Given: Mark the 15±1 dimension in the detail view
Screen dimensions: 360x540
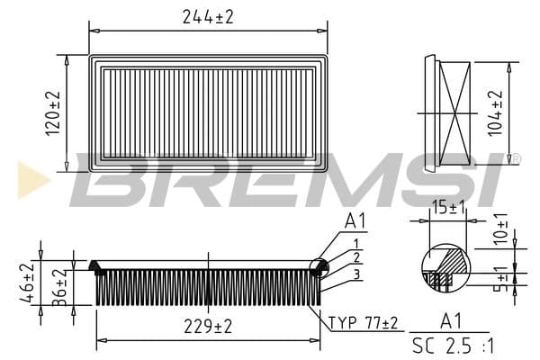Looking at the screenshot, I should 447,206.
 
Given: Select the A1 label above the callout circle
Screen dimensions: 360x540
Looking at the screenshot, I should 356,220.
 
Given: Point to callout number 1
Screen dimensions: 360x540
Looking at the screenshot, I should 356,243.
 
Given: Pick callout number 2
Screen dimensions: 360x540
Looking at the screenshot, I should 356,257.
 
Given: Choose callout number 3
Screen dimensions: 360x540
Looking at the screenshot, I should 356,274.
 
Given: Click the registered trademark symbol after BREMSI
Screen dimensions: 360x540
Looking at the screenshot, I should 516,159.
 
